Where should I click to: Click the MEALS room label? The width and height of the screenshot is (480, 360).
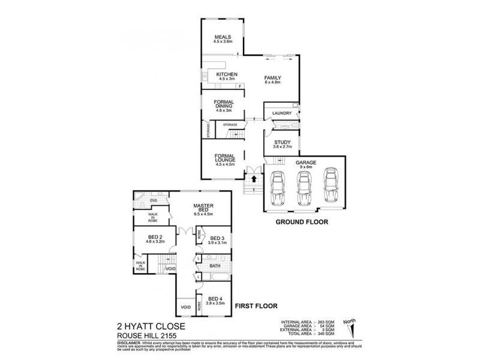[223, 40]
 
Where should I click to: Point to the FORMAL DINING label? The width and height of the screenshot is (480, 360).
[223, 104]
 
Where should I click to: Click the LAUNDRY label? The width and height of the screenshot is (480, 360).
[281, 113]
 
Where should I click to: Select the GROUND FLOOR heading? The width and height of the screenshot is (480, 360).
[302, 221]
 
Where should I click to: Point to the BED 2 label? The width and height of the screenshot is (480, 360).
[152, 238]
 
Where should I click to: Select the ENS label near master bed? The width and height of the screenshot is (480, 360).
[154, 201]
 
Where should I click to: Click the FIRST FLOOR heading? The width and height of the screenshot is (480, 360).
[256, 305]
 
